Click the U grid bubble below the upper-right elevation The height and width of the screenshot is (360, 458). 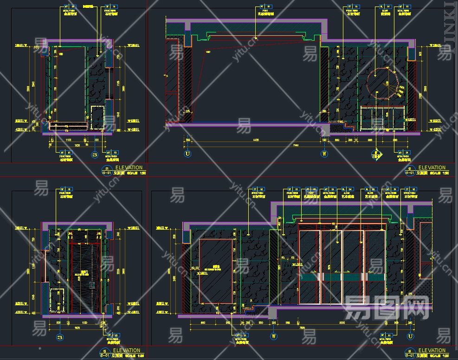coord(188,154)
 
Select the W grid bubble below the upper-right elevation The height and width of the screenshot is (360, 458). coord(324,154)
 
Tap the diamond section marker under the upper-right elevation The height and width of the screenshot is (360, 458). coord(376,155)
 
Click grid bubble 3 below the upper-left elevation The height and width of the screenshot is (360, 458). coord(95,154)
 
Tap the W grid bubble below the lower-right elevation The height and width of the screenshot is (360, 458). coord(274,336)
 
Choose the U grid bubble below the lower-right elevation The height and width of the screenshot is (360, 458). coord(410,336)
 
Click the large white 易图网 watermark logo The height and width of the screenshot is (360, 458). coord(386,308)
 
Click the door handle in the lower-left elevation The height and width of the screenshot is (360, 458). coord(92,284)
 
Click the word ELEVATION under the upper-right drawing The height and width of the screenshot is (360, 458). coord(432,167)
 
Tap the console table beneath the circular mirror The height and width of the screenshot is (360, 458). coord(383,118)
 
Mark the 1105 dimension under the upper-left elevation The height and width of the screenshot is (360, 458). coord(68,139)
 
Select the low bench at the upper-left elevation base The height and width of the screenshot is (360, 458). coord(69,126)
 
